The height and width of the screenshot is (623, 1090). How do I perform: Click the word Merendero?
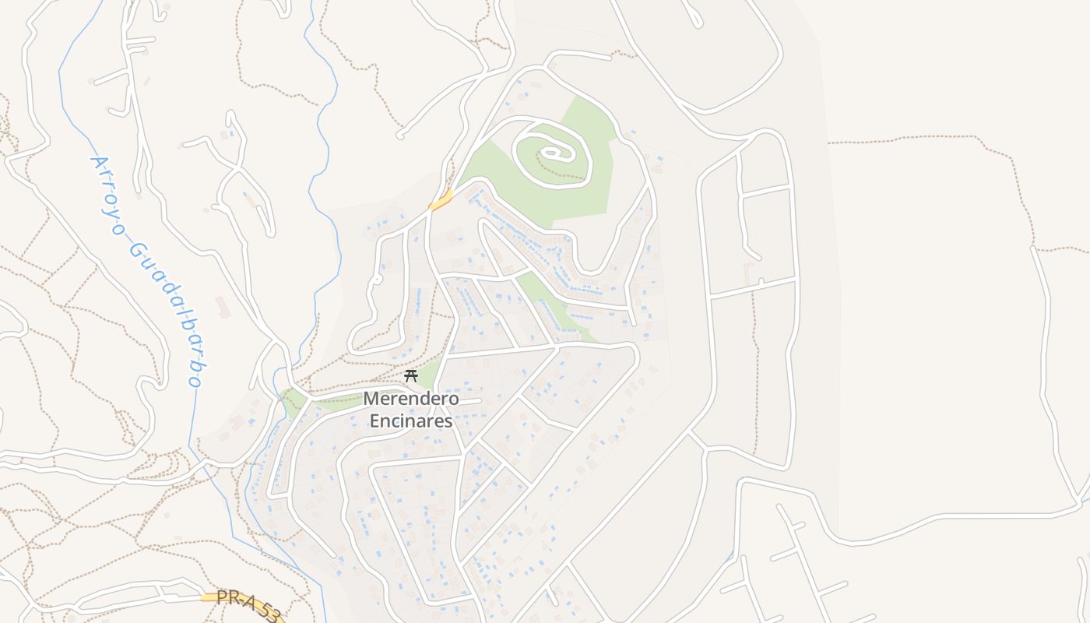pyautogui.click(x=411, y=399)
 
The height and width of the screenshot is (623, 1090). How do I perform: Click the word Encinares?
pyautogui.click(x=411, y=421)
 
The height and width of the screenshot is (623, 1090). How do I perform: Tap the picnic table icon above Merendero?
pyautogui.click(x=411, y=376)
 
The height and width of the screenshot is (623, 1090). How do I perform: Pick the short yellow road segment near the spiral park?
pyautogui.click(x=441, y=201)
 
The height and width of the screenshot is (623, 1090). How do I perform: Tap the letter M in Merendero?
pyautogui.click(x=371, y=399)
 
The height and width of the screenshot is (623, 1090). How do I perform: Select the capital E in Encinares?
pyautogui.click(x=374, y=421)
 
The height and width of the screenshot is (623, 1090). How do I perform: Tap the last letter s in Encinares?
pyautogui.click(x=448, y=421)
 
